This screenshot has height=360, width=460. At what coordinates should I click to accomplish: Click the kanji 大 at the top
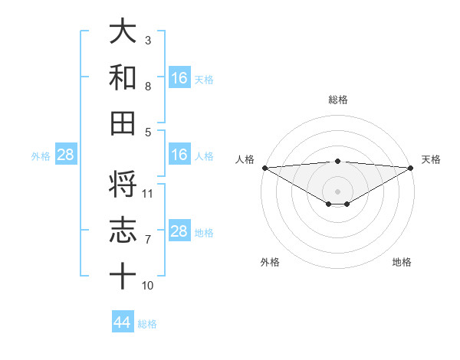123,32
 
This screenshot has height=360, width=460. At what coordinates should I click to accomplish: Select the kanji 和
123,77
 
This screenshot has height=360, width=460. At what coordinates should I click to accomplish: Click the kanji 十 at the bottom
123,276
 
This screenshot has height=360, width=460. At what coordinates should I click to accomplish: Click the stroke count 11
148,193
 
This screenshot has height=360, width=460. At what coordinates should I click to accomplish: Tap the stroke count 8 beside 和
148,86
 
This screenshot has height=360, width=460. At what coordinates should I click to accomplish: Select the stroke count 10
148,285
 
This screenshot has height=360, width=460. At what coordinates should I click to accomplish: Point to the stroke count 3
148,40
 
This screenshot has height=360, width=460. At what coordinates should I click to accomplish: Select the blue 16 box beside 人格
179,155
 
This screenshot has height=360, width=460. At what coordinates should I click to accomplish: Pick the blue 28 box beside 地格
179,231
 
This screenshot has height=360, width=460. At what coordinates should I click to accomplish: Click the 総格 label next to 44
147,324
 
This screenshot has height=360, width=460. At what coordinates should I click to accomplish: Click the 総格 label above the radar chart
337,100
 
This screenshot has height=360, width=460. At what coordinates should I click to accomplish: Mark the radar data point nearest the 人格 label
264,168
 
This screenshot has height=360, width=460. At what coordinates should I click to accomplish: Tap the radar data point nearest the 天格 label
411,168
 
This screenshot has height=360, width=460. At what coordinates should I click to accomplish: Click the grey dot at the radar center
337,190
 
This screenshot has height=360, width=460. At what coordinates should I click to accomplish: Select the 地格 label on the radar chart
402,262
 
